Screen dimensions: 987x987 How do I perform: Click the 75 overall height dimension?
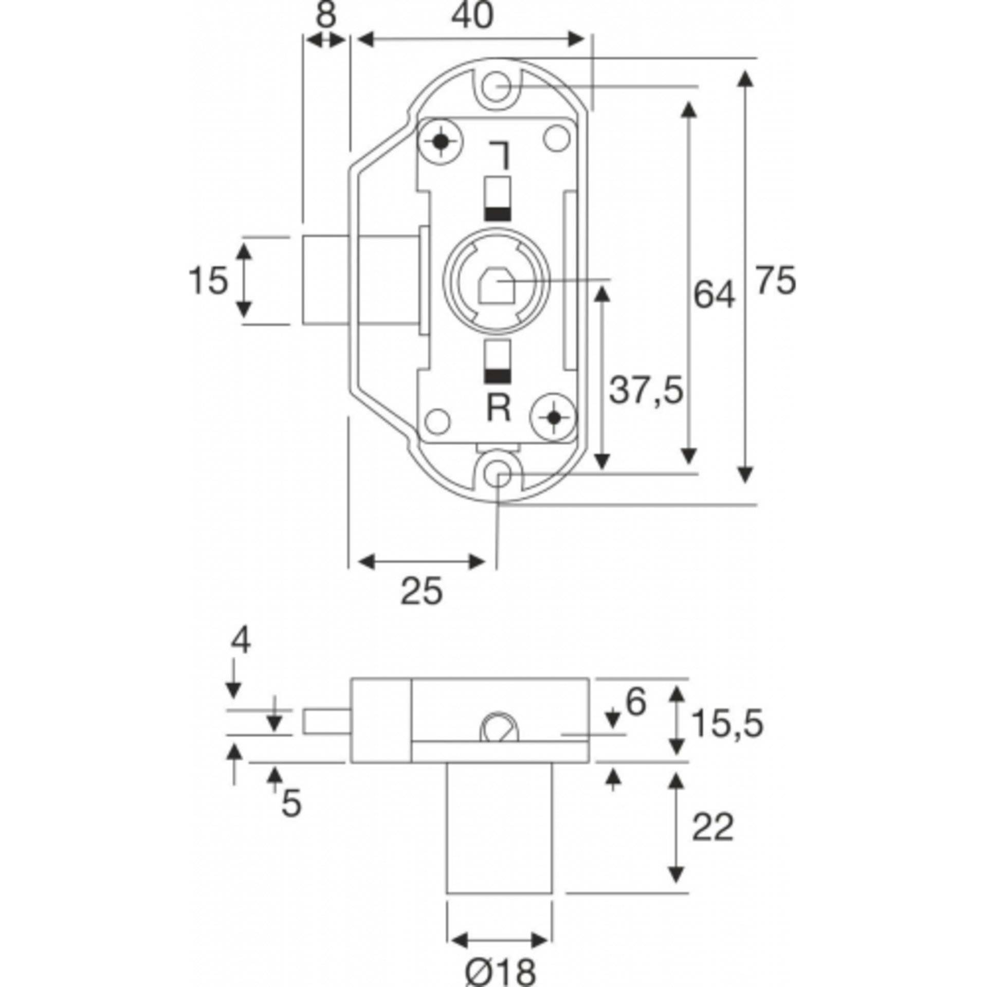(x=775, y=281)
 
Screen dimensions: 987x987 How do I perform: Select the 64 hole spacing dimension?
(x=714, y=295)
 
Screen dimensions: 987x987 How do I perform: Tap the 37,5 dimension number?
(x=646, y=390)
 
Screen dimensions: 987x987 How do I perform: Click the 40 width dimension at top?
(x=472, y=16)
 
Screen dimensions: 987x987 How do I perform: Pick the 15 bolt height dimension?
(x=208, y=281)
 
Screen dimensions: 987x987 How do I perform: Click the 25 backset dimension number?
(x=421, y=591)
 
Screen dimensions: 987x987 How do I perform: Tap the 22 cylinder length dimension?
(x=712, y=828)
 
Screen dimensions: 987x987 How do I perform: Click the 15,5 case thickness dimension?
(x=727, y=723)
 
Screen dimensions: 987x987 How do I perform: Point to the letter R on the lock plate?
(x=498, y=409)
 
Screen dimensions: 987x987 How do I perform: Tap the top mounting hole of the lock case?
(x=497, y=86)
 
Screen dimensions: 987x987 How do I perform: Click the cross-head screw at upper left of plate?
(x=441, y=141)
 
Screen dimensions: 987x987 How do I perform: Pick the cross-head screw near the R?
(x=553, y=418)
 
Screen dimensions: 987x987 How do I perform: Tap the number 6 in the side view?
(x=635, y=702)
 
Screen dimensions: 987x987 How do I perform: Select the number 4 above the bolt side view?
(x=240, y=642)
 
